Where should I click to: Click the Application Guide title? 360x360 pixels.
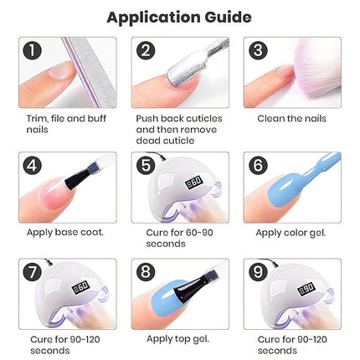tap(180, 16)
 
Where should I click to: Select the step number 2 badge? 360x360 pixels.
tap(146, 51)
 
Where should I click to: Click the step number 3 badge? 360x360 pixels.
tap(257, 51)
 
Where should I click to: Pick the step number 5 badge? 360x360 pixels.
tap(146, 164)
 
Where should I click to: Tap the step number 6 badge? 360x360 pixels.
tap(257, 164)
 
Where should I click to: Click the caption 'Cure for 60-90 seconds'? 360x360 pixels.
tap(172, 237)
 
